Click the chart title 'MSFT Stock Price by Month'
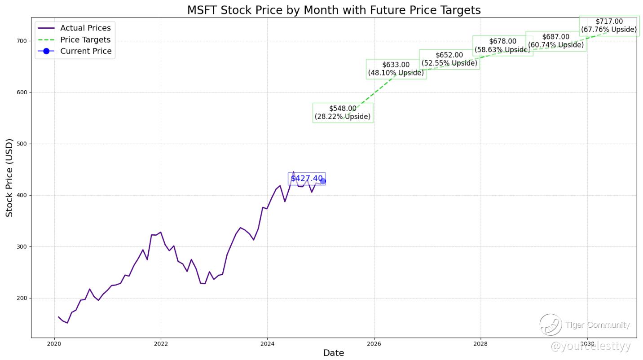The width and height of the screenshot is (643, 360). pos(334,10)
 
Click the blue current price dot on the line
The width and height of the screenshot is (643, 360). pos(323,181)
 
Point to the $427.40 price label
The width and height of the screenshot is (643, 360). pos(306,178)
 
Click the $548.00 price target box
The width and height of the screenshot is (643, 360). pos(343,113)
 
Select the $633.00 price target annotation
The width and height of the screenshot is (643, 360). pos(396,69)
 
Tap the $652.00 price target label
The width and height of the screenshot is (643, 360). pos(449,59)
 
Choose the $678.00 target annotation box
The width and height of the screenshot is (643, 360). pos(502,46)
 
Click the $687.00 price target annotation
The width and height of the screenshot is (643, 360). pos(555,41)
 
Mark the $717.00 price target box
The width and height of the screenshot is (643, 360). pos(609,26)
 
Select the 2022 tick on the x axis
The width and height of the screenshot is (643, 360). pos(161,344)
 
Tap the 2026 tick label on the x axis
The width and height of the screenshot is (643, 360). pos(374,344)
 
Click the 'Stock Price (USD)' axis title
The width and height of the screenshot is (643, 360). pos(10,177)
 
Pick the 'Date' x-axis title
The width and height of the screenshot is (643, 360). pos(334,353)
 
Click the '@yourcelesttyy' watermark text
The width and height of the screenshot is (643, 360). pos(590,346)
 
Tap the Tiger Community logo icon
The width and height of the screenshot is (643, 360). pos(551,325)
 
